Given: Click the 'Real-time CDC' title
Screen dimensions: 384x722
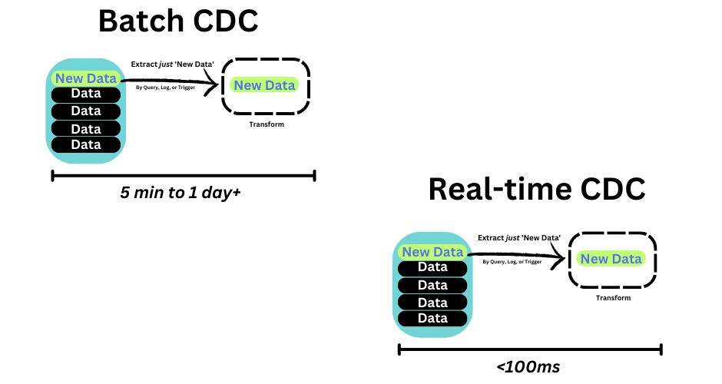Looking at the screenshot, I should (536, 189).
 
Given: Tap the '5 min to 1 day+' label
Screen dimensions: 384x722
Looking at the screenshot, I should (180, 193).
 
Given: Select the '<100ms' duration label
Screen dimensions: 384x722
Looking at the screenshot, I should (528, 366).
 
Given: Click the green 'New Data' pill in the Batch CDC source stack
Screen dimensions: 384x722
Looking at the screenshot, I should (85, 78).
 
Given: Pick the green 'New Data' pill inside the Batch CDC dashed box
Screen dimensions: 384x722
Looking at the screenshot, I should (265, 85).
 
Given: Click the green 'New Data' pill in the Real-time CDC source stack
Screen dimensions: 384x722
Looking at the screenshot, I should (432, 252).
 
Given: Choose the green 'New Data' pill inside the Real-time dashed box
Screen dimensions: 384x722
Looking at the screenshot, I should (611, 259).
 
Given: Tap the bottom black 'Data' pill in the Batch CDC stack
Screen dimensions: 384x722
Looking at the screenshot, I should (86, 144).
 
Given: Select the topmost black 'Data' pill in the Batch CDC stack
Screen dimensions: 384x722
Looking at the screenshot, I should (86, 94).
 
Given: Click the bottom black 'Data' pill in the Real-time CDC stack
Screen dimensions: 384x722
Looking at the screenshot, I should (432, 318).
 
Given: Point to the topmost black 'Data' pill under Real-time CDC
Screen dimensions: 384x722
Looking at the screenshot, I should (432, 268).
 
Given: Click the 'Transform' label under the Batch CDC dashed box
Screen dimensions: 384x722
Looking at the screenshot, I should (267, 124).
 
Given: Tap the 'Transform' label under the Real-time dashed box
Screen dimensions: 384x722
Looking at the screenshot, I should (613, 298).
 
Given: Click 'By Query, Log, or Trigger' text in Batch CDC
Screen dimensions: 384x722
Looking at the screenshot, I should (165, 88).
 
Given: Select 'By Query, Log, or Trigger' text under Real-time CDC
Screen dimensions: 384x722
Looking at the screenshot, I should (512, 261).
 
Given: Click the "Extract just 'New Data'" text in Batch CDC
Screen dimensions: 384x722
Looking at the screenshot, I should (172, 65).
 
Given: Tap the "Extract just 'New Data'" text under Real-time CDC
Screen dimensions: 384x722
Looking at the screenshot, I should (518, 238).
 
